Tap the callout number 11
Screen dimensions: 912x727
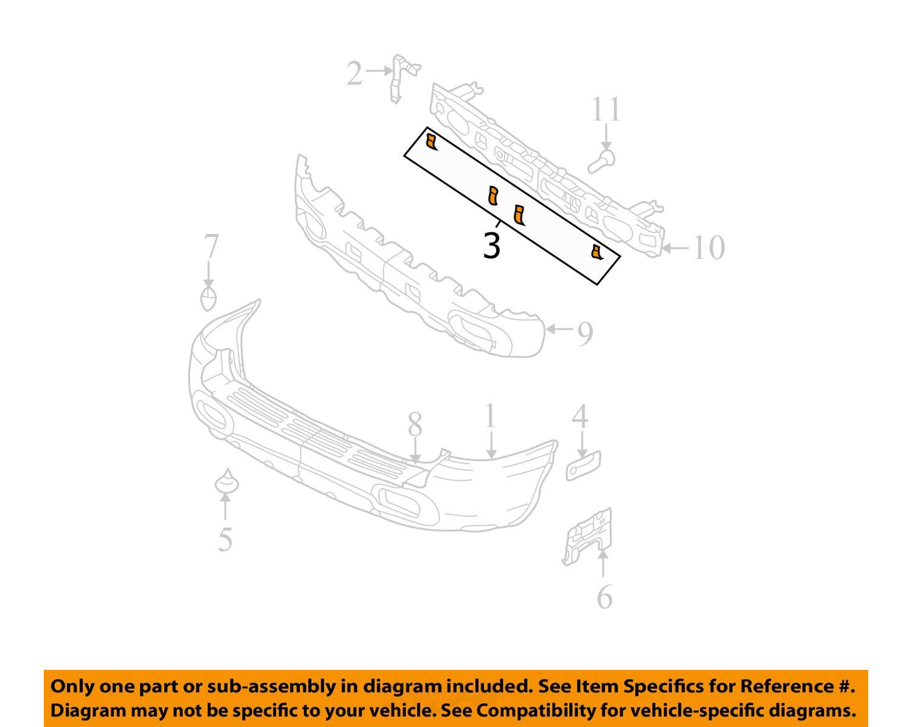[606, 109]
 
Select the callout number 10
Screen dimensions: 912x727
[708, 247]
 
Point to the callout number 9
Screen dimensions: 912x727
[586, 334]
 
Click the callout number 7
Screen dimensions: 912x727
[210, 246]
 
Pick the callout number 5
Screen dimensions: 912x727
[225, 539]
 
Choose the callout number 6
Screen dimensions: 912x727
[604, 596]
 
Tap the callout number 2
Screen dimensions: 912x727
[354, 73]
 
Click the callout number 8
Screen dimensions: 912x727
[415, 424]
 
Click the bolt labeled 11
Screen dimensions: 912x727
[602, 162]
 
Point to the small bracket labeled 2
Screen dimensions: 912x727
[402, 78]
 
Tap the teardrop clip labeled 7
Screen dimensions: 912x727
[208, 298]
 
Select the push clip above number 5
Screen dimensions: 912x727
[227, 481]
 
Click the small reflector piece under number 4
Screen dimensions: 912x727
[583, 466]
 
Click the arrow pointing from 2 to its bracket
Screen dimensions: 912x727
[378, 71]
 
